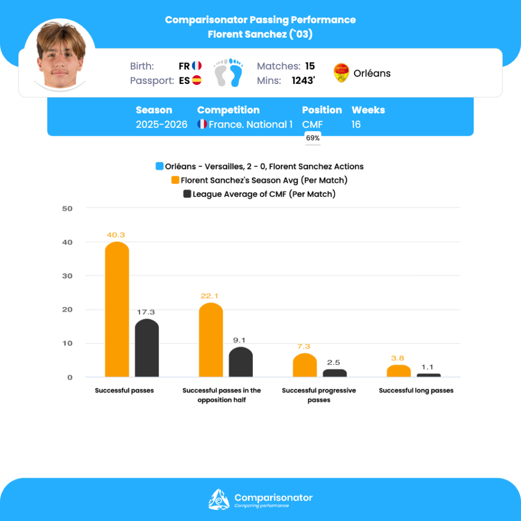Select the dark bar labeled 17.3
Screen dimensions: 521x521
(147, 348)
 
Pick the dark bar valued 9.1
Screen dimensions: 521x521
(241, 362)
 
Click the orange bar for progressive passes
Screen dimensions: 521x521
(305, 365)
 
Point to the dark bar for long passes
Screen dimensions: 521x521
(429, 375)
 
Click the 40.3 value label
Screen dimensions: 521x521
(116, 235)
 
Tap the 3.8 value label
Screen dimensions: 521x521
(398, 358)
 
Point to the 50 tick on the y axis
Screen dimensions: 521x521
(68, 208)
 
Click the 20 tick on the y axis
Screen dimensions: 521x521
(68, 309)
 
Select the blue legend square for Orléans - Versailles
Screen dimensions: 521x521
(160, 166)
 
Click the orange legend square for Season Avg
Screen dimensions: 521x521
(175, 180)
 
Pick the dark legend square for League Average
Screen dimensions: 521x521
(187, 194)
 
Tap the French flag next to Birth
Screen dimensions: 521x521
(197, 66)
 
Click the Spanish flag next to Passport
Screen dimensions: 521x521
(197, 80)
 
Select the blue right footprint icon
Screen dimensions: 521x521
(236, 72)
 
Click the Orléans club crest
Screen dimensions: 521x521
(341, 73)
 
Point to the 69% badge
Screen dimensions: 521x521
(312, 138)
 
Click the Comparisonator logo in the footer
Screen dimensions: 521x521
(219, 499)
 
